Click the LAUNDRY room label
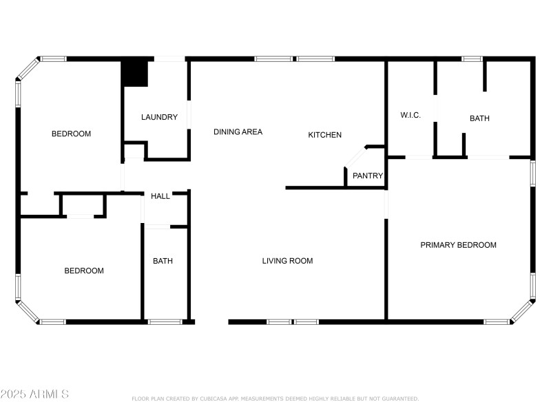(x=159, y=117)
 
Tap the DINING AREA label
(x=238, y=131)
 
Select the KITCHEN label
(x=324, y=135)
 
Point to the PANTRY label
(x=368, y=176)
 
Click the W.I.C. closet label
(x=410, y=115)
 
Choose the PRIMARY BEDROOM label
(x=458, y=245)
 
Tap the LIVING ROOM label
(x=287, y=261)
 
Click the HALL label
(x=160, y=196)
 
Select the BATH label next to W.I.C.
(x=479, y=118)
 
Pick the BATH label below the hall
(x=163, y=261)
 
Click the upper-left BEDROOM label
(x=71, y=134)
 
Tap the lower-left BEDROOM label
(x=84, y=271)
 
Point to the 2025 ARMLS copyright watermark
(x=34, y=394)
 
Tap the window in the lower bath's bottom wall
(x=165, y=321)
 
